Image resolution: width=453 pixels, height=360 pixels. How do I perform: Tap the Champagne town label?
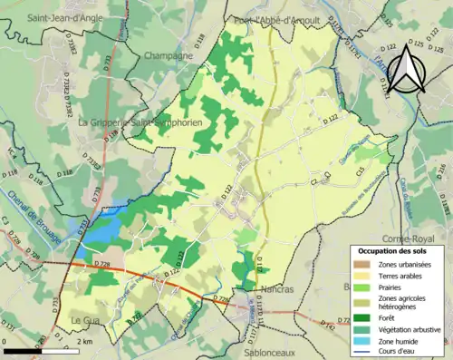tap(168, 55)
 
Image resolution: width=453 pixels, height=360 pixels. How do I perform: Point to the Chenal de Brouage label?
tap(42, 222)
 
